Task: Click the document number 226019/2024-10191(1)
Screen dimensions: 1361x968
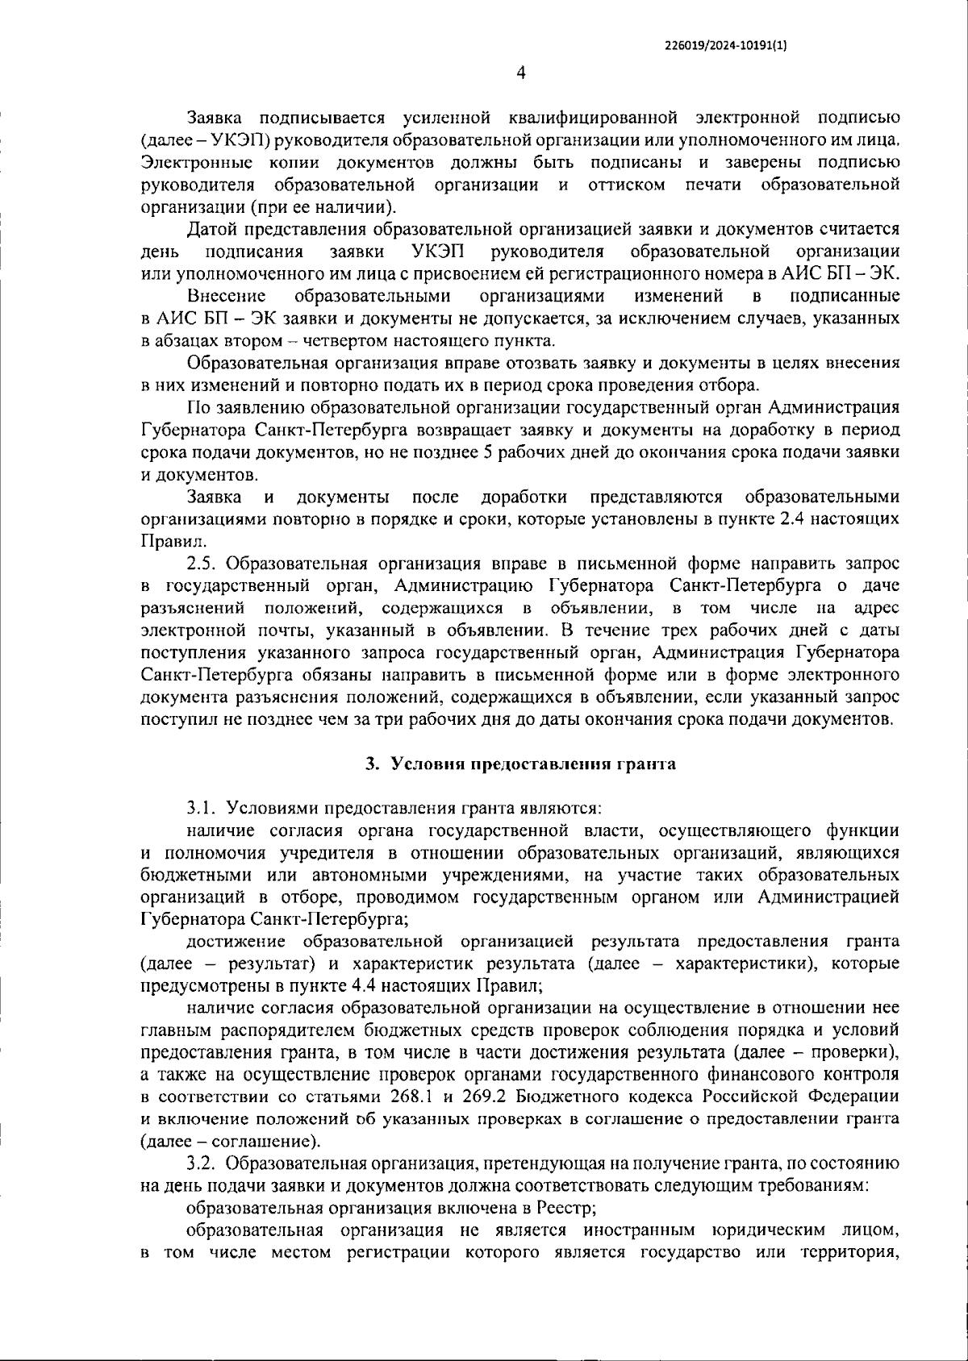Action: pos(725,47)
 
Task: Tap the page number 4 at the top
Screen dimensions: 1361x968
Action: pos(520,73)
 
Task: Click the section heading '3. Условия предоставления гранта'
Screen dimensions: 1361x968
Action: pos(520,764)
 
